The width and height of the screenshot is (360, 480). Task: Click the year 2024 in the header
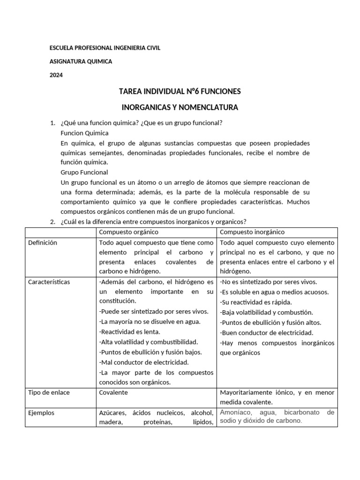(x=56, y=75)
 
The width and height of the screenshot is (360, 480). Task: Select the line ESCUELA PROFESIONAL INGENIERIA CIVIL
(x=105, y=48)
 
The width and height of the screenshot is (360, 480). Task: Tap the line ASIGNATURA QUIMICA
(x=81, y=61)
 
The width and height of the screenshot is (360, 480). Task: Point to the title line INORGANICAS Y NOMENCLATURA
(x=180, y=107)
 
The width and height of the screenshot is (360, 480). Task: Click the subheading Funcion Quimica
(x=84, y=133)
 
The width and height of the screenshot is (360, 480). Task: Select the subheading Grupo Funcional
(x=84, y=172)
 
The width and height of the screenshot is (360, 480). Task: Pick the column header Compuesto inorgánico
(x=252, y=232)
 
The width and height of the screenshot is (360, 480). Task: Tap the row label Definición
(x=42, y=243)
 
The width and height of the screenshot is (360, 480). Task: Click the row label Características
(x=49, y=282)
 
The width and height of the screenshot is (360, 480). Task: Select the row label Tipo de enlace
(x=49, y=392)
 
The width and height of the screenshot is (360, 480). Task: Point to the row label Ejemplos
(x=41, y=413)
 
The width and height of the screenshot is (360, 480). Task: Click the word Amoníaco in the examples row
(x=235, y=412)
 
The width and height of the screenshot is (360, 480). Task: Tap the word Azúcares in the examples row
(x=112, y=413)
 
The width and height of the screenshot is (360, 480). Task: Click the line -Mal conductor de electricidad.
(x=143, y=362)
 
